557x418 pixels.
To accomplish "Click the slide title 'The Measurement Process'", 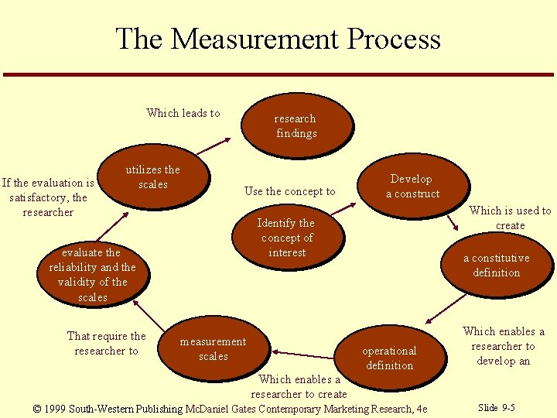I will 278,39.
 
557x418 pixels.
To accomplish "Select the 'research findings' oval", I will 296,125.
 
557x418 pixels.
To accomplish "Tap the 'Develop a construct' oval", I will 412,186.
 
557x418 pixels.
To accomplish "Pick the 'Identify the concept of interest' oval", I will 286,237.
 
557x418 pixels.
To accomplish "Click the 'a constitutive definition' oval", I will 496,265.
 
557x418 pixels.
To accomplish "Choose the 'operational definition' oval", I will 389,358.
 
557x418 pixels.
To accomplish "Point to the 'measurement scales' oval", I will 213,348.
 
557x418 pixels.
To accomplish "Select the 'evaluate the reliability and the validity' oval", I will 92,274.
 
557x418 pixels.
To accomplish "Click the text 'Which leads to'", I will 183,113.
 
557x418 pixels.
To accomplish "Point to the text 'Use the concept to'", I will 289,191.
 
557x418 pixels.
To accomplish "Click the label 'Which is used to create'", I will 510,218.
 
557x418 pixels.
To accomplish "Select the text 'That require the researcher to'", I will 106,343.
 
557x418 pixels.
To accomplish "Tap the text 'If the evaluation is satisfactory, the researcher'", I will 48,197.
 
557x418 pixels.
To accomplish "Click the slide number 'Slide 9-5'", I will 497,407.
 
